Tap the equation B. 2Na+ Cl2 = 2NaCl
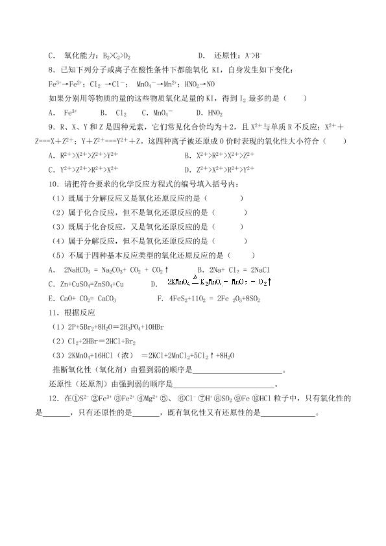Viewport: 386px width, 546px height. click(x=238, y=269)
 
